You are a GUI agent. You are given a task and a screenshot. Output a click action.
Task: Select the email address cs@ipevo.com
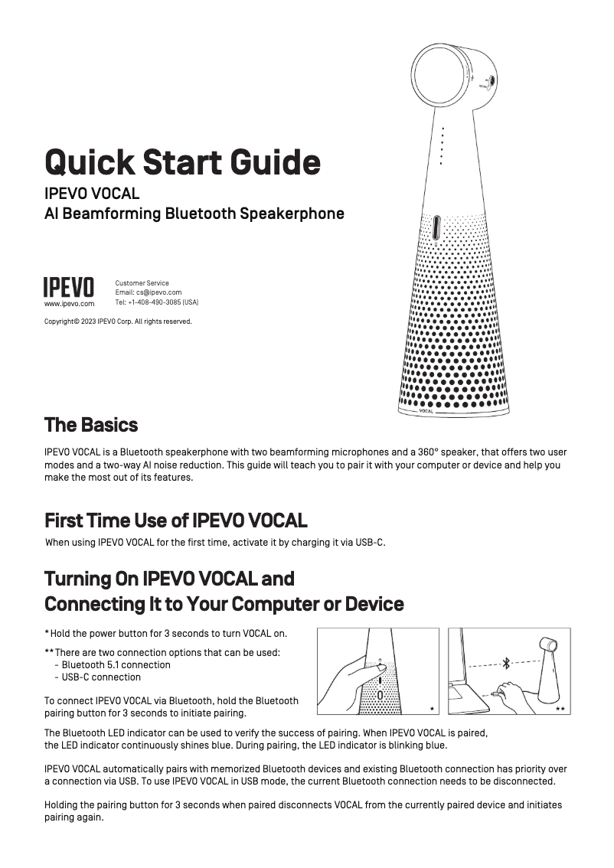pos(158,292)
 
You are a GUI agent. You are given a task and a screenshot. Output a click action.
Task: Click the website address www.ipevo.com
pos(69,303)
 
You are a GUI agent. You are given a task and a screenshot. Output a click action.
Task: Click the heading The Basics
pos(91,425)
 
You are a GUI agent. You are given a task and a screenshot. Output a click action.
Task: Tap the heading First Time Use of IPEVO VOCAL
pos(176,521)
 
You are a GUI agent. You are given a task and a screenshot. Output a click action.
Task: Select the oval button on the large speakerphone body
pos(436,229)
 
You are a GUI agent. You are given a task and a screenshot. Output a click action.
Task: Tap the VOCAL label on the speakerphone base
pos(426,411)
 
